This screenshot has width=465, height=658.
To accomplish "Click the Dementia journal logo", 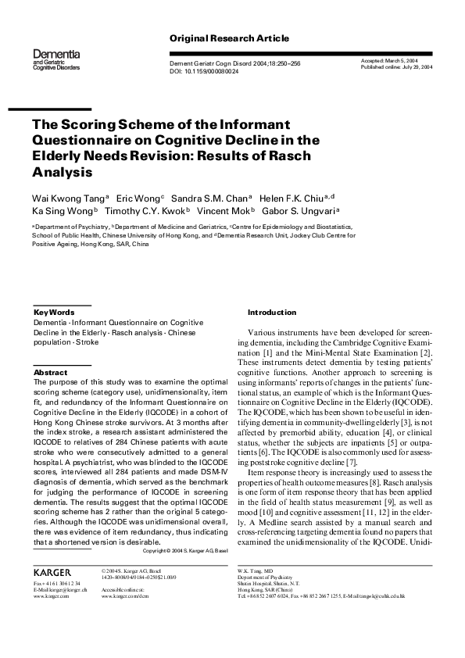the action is pos(55,58).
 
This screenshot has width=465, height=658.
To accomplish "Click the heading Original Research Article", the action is pos(229,38).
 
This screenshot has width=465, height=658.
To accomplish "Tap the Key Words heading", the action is pos(54,312).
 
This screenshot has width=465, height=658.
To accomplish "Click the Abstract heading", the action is pos(50,373).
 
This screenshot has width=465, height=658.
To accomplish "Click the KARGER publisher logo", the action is pos(52,594).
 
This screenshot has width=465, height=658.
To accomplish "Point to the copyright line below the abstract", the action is pos(187,550).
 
